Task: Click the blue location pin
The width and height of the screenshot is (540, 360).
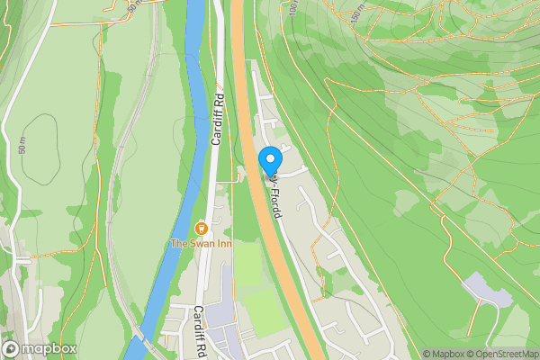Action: pyautogui.click(x=270, y=161)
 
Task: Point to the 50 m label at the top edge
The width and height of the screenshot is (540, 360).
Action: pyautogui.click(x=133, y=5)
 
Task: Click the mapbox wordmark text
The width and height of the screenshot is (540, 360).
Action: pyautogui.click(x=49, y=349)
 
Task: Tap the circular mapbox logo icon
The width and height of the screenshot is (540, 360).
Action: pyautogui.click(x=12, y=349)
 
